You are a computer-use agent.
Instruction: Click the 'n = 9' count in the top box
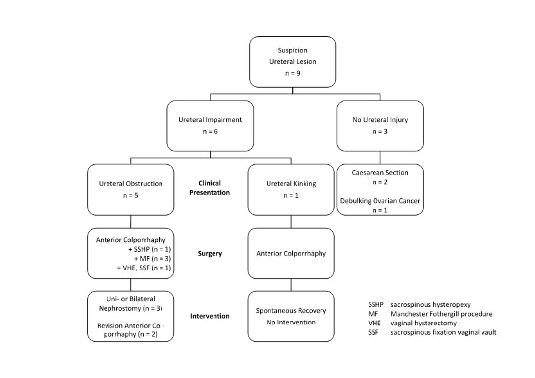coord(293,73)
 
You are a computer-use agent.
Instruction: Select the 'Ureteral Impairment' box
coord(210,125)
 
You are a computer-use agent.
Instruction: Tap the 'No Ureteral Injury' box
coord(380,125)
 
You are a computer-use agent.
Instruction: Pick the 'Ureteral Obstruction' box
coord(131,189)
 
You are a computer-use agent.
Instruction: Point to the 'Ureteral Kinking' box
coord(291,189)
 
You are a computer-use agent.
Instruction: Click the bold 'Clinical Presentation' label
coord(210,188)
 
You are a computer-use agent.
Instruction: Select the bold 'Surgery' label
coord(210,254)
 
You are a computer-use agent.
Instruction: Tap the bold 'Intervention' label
coord(210,316)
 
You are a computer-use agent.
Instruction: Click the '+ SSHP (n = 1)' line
coord(150,249)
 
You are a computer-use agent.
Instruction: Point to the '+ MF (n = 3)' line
coord(153,259)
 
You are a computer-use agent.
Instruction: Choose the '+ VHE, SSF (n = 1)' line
coord(144,268)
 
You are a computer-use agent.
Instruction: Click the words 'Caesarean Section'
coord(380,173)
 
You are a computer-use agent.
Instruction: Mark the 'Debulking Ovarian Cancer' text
coord(380,201)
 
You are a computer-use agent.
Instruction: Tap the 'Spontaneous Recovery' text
coord(291,311)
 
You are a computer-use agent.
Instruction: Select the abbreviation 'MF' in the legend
coord(373,314)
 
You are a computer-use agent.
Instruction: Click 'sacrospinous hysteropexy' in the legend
coord(430,305)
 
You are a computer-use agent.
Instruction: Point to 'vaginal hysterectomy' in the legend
coord(424,323)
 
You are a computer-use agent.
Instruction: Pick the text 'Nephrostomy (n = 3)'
coord(131,309)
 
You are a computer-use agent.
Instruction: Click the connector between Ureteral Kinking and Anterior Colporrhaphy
coord(291,221)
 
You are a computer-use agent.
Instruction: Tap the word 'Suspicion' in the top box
coord(293,50)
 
